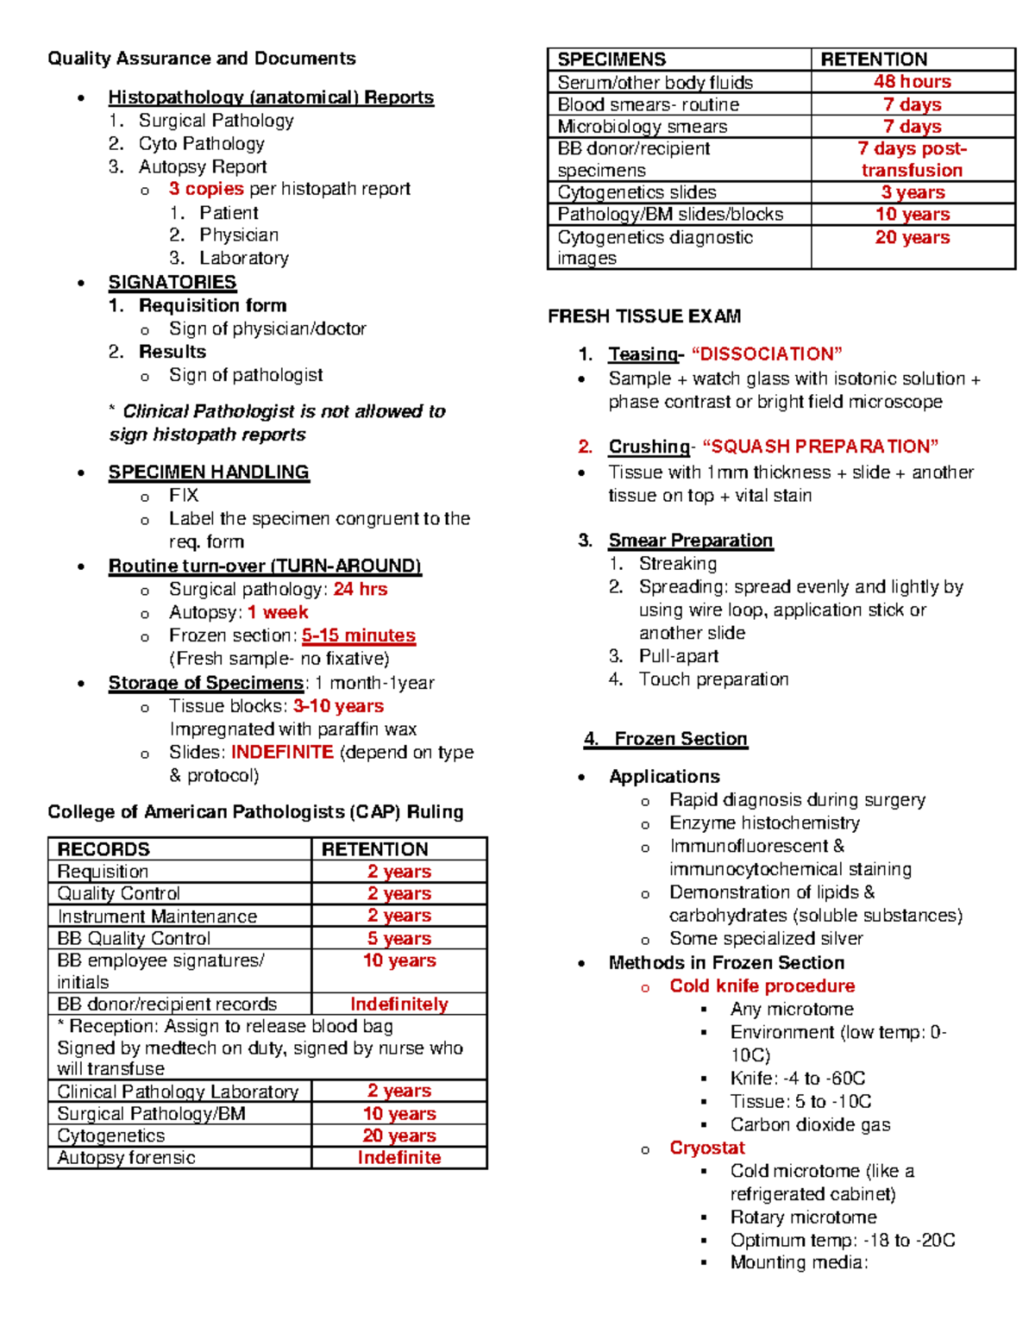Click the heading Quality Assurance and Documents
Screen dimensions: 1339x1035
[201, 59]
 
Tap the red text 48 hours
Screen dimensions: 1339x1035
[912, 82]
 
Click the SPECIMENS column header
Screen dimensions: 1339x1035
[612, 59]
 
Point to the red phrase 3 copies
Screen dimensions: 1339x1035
[206, 189]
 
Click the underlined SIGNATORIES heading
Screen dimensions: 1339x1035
[172, 283]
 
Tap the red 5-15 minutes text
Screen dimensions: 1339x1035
[359, 635]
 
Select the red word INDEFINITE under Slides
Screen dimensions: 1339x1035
[282, 752]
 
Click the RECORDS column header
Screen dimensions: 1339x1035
[103, 849]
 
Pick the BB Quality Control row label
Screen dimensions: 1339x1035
[134, 938]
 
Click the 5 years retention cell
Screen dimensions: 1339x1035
[398, 938]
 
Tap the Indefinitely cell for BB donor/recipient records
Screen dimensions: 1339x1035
[398, 1004]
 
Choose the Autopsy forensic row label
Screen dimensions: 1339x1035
[126, 1158]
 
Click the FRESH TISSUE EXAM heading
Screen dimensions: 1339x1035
[644, 316]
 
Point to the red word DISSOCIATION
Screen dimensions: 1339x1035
[767, 354]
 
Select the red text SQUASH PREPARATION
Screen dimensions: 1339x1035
[820, 447]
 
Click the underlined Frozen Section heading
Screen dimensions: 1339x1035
[681, 739]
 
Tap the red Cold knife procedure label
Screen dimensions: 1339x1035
[762, 986]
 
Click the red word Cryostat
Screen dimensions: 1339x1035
[707, 1148]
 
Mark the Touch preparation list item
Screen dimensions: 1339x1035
[713, 679]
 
